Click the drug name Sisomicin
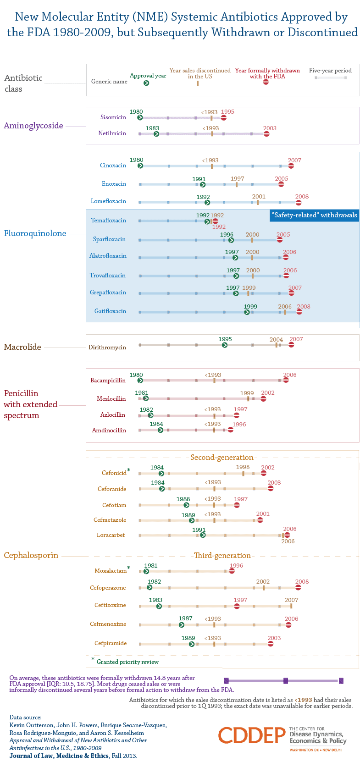click(113, 117)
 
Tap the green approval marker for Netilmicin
click(156, 134)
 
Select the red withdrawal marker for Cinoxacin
click(291, 166)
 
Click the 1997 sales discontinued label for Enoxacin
click(237, 179)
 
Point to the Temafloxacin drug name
click(108, 221)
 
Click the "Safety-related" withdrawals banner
click(314, 215)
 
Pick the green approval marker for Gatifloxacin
click(247, 312)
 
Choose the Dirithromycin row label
click(107, 348)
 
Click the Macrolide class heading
click(22, 347)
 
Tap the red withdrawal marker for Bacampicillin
click(286, 380)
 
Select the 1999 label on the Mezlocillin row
click(247, 393)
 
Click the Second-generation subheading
click(222, 458)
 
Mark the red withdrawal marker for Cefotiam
click(237, 505)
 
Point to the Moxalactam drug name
click(111, 571)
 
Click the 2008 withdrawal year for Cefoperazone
click(302, 582)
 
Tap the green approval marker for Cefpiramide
click(192, 644)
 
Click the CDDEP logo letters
click(252, 735)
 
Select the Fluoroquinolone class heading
click(35, 233)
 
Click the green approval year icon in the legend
click(146, 83)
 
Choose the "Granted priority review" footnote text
click(127, 662)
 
